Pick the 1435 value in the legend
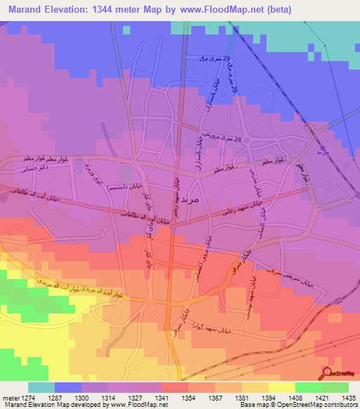coord(348,398)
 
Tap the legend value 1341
coord(162,398)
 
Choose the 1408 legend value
coord(295,398)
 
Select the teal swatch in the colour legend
coord(41,388)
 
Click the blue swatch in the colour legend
coord(68,388)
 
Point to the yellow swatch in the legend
coord(281,388)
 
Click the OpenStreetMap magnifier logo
coord(327,372)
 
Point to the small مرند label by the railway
coord(323,152)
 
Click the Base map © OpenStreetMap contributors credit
coord(300,405)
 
